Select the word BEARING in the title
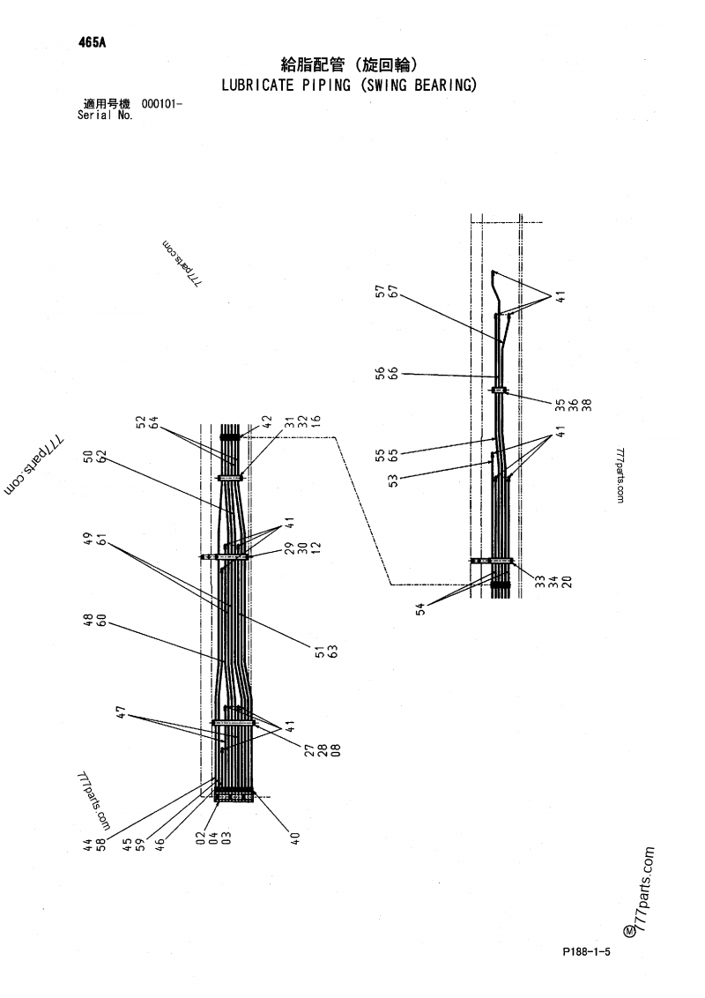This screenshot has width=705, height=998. (443, 86)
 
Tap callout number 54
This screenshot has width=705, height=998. (422, 608)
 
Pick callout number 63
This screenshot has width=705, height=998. (335, 652)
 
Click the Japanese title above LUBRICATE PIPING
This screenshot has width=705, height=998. (348, 64)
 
